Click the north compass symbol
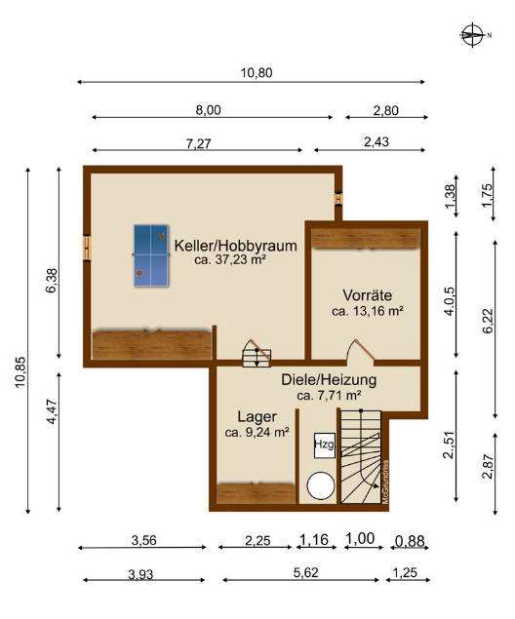pyautogui.click(x=473, y=34)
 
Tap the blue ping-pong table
pyautogui.click(x=150, y=255)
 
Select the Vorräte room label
pyautogui.click(x=367, y=294)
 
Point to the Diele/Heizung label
pyautogui.click(x=329, y=379)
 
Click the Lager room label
pyautogui.click(x=257, y=416)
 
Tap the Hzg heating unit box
pyautogui.click(x=324, y=445)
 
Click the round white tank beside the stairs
pyautogui.click(x=321, y=485)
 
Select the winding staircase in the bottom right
pyautogui.click(x=362, y=457)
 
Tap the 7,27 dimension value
pyautogui.click(x=199, y=144)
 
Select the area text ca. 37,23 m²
pyautogui.click(x=230, y=260)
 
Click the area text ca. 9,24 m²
pyautogui.click(x=257, y=432)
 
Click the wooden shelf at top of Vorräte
pyautogui.click(x=366, y=238)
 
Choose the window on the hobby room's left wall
pyautogui.click(x=87, y=249)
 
